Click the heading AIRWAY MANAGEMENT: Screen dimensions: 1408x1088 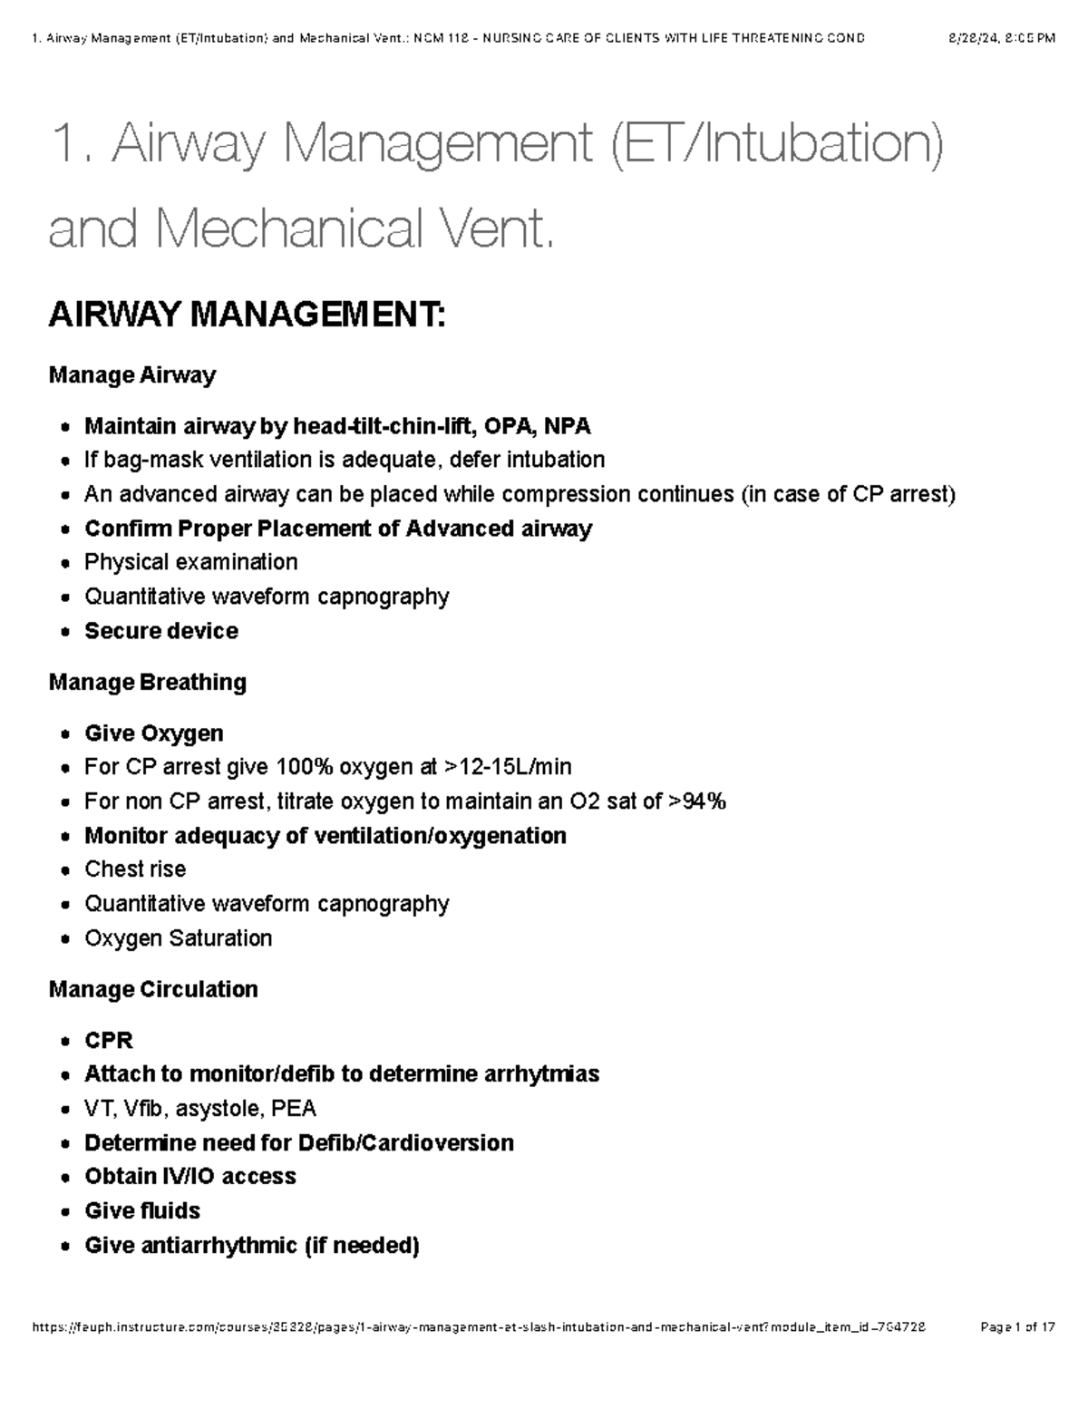[x=247, y=316]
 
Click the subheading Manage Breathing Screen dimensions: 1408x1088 [x=147, y=682]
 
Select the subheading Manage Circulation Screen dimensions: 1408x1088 [x=153, y=989]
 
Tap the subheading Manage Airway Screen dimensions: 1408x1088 [x=132, y=375]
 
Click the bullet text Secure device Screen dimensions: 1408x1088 [x=161, y=631]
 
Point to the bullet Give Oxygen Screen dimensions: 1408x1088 [x=153, y=733]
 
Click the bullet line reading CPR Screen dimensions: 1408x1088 [x=109, y=1040]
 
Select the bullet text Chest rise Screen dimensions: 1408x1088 [x=135, y=869]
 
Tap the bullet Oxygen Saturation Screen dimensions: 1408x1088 [x=178, y=938]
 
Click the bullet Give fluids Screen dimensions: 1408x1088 [x=142, y=1211]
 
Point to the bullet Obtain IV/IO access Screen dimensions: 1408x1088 [x=189, y=1177]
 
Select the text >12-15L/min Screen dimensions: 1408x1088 [x=508, y=768]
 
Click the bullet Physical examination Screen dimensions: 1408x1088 [x=190, y=562]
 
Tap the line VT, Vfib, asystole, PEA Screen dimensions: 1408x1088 [x=199, y=1109]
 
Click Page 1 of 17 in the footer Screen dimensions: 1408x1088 [x=1017, y=1327]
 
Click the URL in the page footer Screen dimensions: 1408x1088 [x=479, y=1327]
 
